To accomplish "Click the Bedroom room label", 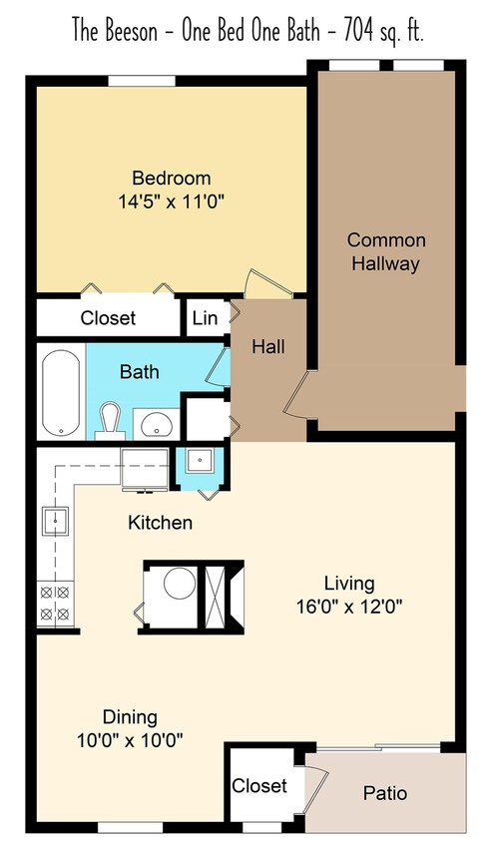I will coord(172,179).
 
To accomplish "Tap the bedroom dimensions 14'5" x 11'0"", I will coord(172,200).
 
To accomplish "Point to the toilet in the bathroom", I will coord(110,419).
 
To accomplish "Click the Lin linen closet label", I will coord(204,318).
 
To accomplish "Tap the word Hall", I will coord(267,347).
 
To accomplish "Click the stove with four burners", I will coord(54,602).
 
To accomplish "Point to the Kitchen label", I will coord(160,522).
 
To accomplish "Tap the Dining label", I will coord(130,717).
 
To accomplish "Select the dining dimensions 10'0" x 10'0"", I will coord(130,739).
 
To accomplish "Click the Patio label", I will coord(384,794).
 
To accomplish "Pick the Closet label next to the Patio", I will coord(259,786).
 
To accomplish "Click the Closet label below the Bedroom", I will coord(108,318).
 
